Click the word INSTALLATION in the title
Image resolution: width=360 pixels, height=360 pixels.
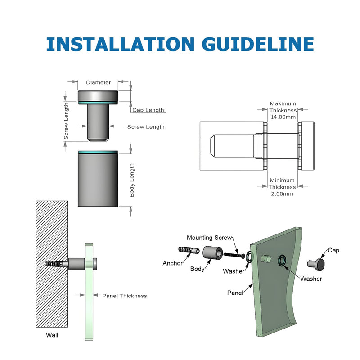[120, 44]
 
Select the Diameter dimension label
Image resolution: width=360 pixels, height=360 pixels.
[98, 82]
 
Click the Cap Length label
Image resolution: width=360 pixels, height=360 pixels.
[148, 110]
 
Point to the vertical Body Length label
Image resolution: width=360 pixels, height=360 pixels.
[131, 180]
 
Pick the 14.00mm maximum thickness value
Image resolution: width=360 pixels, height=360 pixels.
[283, 117]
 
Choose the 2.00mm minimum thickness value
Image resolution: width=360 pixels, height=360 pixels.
[282, 194]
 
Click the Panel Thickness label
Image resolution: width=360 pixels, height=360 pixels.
[125, 296]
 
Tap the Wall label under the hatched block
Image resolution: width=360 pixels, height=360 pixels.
[52, 335]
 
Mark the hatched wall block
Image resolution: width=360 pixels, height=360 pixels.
[52, 264]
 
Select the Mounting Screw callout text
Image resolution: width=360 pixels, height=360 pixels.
[209, 238]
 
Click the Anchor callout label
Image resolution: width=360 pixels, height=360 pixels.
[172, 263]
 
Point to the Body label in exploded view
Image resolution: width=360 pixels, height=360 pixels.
[197, 269]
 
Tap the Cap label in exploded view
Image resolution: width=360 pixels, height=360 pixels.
[333, 250]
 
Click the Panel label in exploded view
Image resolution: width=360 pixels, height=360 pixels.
[235, 293]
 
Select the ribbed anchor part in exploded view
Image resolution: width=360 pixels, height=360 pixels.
[189, 250]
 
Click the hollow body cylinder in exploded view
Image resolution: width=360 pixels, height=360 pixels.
[212, 253]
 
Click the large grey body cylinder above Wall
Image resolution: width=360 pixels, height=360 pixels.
[98, 180]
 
